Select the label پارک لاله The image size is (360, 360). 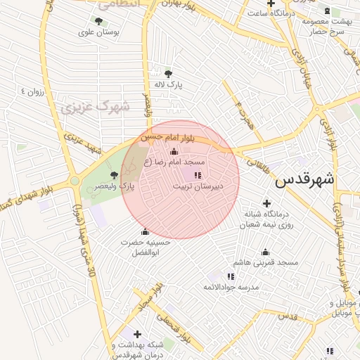coord(169,84)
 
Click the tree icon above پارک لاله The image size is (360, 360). coord(168,73)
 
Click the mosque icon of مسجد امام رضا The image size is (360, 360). coord(174,152)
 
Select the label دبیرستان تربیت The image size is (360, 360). coord(198,186)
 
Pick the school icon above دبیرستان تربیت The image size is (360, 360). coord(197,175)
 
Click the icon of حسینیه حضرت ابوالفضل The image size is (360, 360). coord(146,232)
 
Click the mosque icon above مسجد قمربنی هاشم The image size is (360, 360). coord(266,252)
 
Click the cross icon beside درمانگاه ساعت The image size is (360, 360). coord(269,5)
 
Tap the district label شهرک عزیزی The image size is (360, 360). coord(95,107)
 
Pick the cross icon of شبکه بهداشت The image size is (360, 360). coord(137,334)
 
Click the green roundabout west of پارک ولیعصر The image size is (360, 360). coord(75,181)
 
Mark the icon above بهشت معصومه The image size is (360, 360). coord(326,11)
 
